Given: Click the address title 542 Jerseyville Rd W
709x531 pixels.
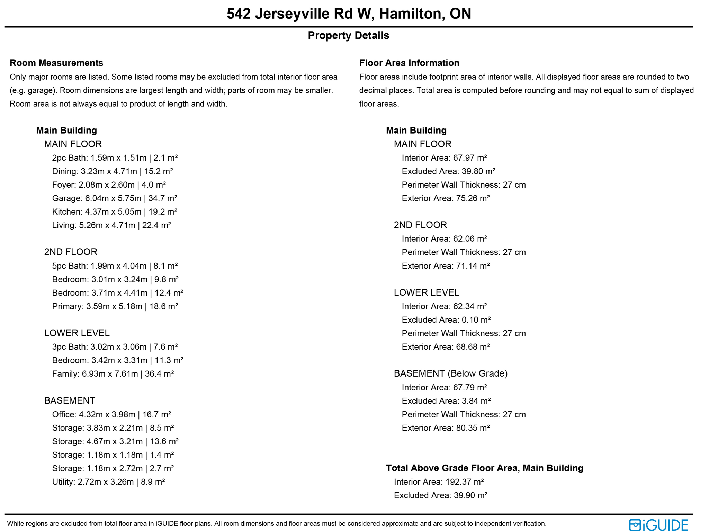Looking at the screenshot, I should (349, 14).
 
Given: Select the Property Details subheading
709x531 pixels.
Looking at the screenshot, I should (348, 35).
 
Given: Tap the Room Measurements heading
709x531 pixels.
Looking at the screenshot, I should (56, 63).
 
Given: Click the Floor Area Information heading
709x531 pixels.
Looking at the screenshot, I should (409, 63).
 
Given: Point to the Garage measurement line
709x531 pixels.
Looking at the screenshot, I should (115, 198).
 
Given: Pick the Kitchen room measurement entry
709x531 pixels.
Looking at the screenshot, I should (115, 212).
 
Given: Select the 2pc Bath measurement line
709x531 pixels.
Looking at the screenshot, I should (115, 158).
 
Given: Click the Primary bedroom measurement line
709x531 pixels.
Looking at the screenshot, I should (115, 306).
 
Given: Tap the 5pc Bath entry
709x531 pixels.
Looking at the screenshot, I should (115, 266).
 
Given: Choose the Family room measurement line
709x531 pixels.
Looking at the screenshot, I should (113, 374).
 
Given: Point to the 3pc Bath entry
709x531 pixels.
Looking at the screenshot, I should (115, 347).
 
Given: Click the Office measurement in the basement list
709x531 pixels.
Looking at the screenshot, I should (111, 414).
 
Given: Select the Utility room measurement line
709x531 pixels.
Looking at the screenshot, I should (108, 482).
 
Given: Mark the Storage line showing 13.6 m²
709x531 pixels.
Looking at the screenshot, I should (115, 441).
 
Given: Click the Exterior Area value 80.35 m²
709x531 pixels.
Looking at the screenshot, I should (446, 428).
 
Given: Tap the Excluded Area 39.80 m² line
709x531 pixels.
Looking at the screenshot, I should (448, 171).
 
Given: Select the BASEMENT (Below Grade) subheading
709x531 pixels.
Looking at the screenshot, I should (450, 373).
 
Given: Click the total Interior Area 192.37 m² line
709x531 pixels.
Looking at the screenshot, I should (439, 482).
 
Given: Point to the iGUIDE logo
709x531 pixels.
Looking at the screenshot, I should (658, 524).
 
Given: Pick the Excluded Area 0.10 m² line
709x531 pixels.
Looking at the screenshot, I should (446, 320).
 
